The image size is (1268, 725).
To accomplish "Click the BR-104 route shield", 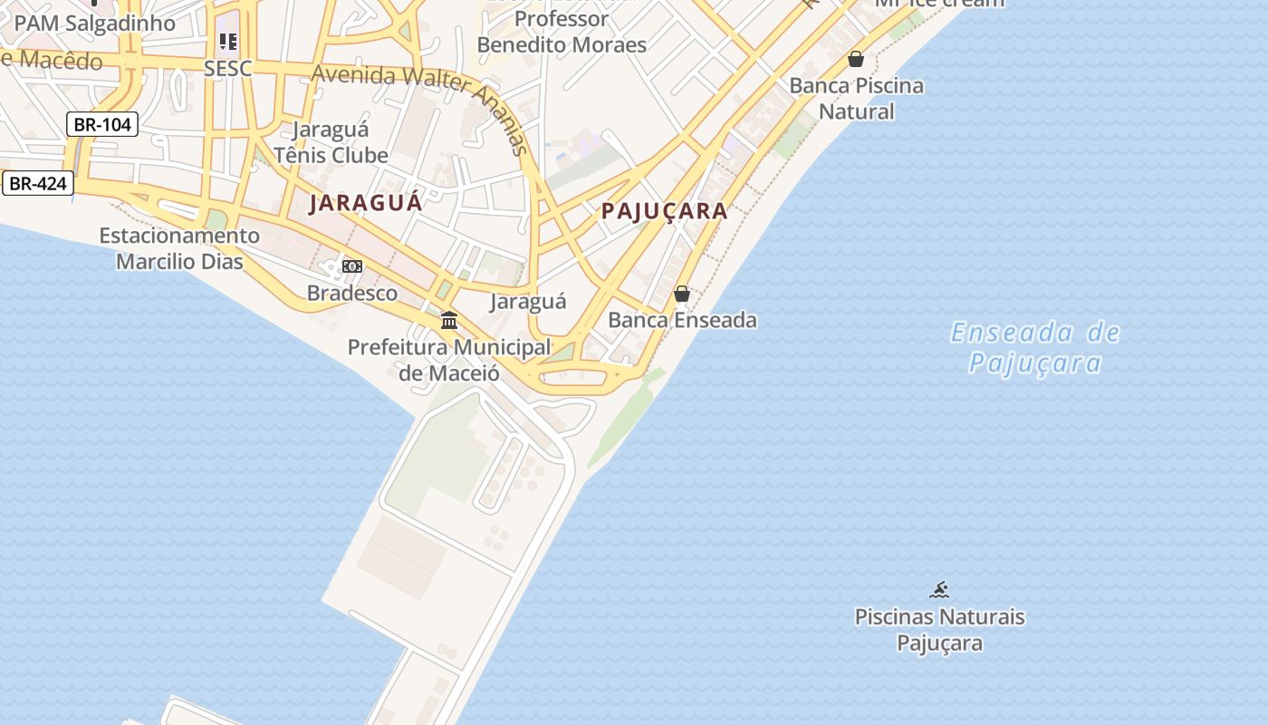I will point(101,124).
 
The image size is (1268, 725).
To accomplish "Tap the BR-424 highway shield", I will point(37,183).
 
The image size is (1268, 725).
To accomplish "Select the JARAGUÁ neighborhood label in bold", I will point(366,202).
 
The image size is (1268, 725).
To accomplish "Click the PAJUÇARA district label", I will point(665,211).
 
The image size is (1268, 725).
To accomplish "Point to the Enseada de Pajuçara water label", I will point(1035,348).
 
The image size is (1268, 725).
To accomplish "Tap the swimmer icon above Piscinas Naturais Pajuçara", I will point(939,591).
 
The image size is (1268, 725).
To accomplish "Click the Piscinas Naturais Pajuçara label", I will point(940,630).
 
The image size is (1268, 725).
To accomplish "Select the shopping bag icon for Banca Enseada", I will point(682,294).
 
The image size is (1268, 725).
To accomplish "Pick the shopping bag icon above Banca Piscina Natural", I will point(856,60).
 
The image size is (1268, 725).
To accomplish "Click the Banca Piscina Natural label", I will point(857,99).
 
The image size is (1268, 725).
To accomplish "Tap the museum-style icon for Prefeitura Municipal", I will point(449,320).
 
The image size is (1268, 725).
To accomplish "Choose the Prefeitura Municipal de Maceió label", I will point(449,360).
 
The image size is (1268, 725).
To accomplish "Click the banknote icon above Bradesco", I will point(352,266).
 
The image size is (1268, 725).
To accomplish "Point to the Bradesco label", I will point(352,293).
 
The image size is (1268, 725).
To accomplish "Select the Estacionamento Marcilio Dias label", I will point(179,248).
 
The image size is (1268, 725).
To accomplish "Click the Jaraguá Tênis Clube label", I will point(331,142).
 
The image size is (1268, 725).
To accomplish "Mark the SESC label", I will point(227,69).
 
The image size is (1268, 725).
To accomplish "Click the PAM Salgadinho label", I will point(95,24).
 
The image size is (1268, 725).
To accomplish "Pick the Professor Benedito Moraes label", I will point(562,32).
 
